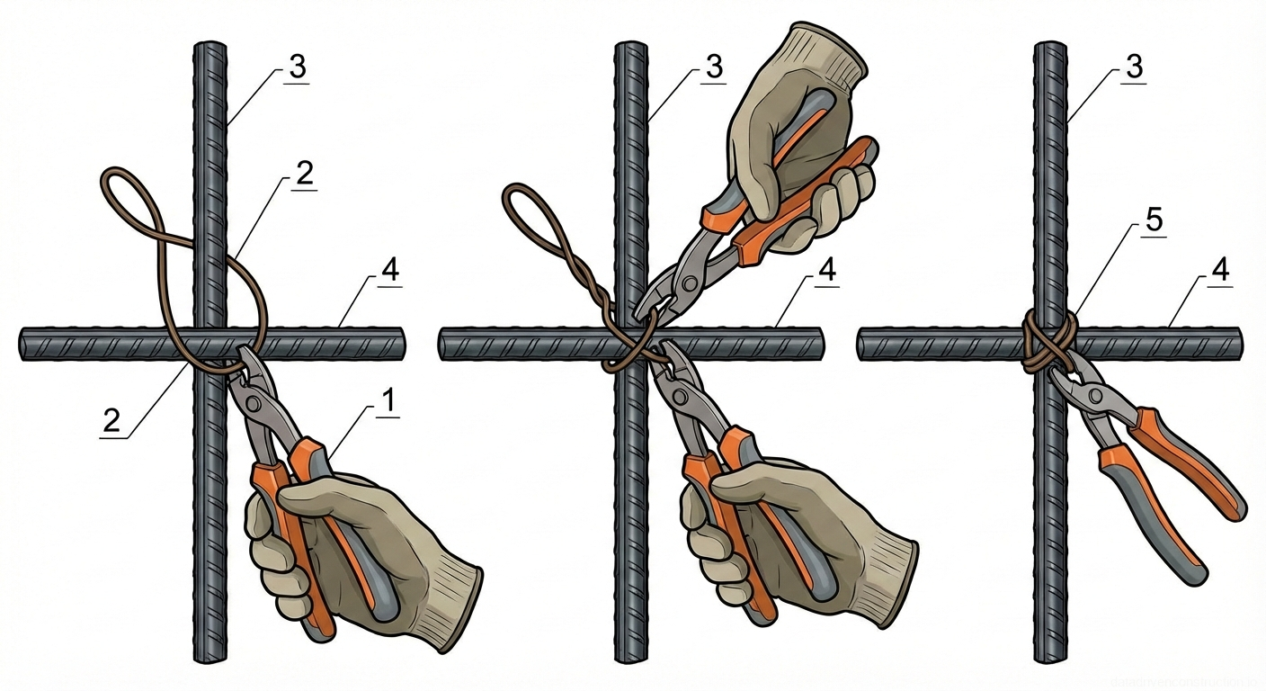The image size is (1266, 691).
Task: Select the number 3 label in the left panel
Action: tap(297, 68)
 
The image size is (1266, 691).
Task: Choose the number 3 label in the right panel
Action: tap(1136, 68)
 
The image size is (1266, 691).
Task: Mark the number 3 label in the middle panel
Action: tap(714, 68)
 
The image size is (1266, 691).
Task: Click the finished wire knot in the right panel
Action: tap(1048, 344)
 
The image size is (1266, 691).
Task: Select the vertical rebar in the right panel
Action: tap(1050, 540)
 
